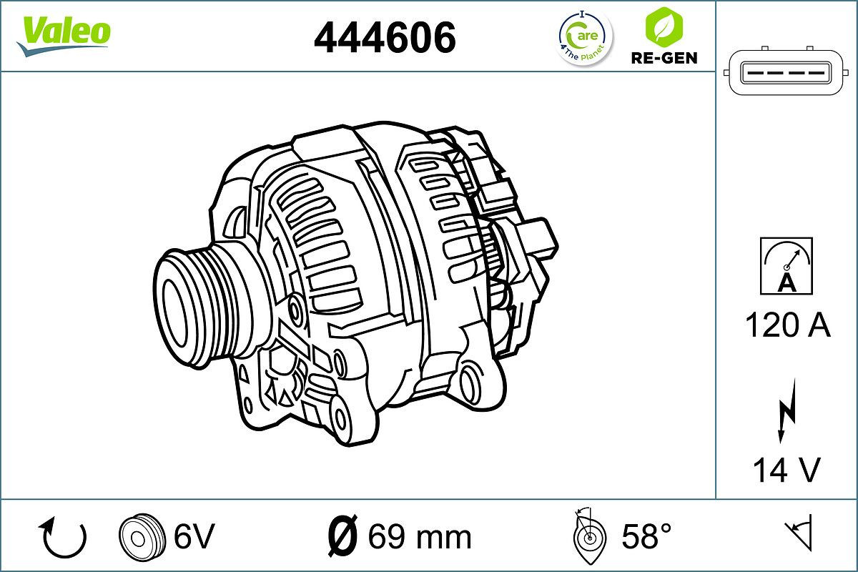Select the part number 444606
click(385, 37)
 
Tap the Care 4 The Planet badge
click(585, 38)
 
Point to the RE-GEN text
click(664, 58)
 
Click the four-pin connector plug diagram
click(785, 73)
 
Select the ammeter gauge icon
click(786, 266)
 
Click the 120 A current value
click(787, 326)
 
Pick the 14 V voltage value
click(786, 470)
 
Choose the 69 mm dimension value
click(419, 536)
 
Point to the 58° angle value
click(646, 536)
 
